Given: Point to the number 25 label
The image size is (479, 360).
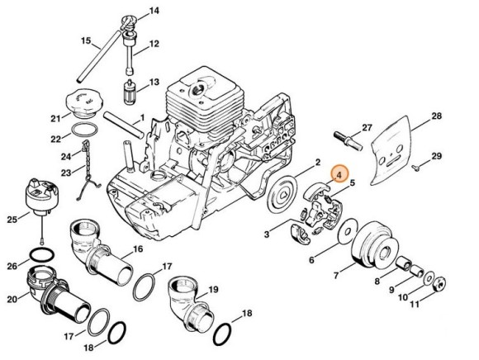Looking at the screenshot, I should coord(11,219).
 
